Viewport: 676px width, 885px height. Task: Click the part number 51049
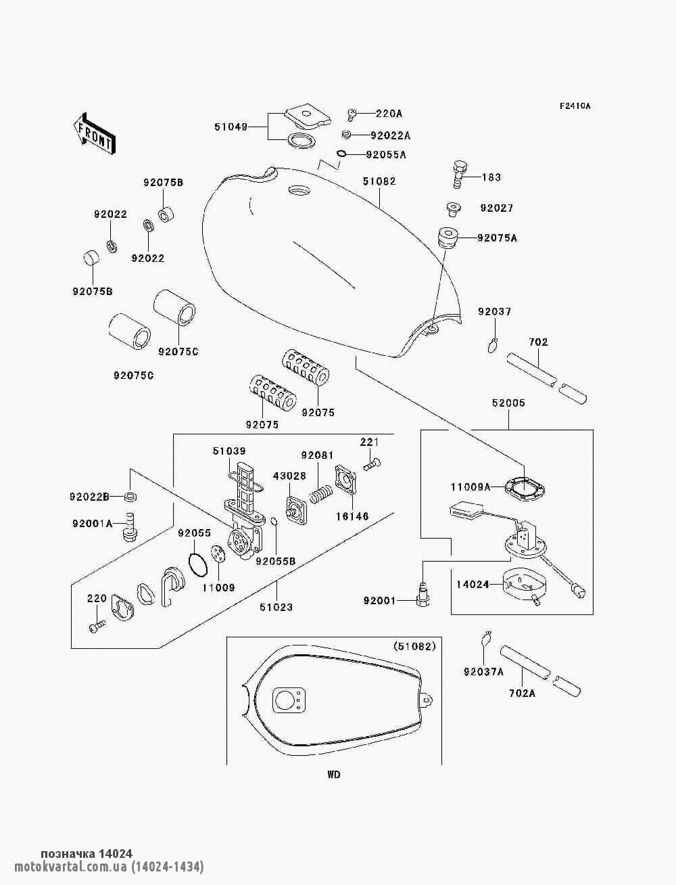click(x=231, y=127)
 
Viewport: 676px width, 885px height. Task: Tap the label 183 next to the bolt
click(x=491, y=177)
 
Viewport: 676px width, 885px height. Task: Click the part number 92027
click(x=497, y=208)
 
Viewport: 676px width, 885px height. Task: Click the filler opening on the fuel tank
click(x=299, y=189)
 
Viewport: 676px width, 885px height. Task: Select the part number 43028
click(x=289, y=476)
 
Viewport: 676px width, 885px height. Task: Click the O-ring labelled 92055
click(x=198, y=565)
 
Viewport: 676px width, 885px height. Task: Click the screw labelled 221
click(x=372, y=466)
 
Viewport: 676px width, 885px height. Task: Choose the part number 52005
click(x=508, y=403)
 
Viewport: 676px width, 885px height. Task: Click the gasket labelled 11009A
click(x=525, y=489)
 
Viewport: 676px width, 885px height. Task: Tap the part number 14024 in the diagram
click(x=473, y=584)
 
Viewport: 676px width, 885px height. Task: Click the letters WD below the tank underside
click(x=333, y=775)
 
